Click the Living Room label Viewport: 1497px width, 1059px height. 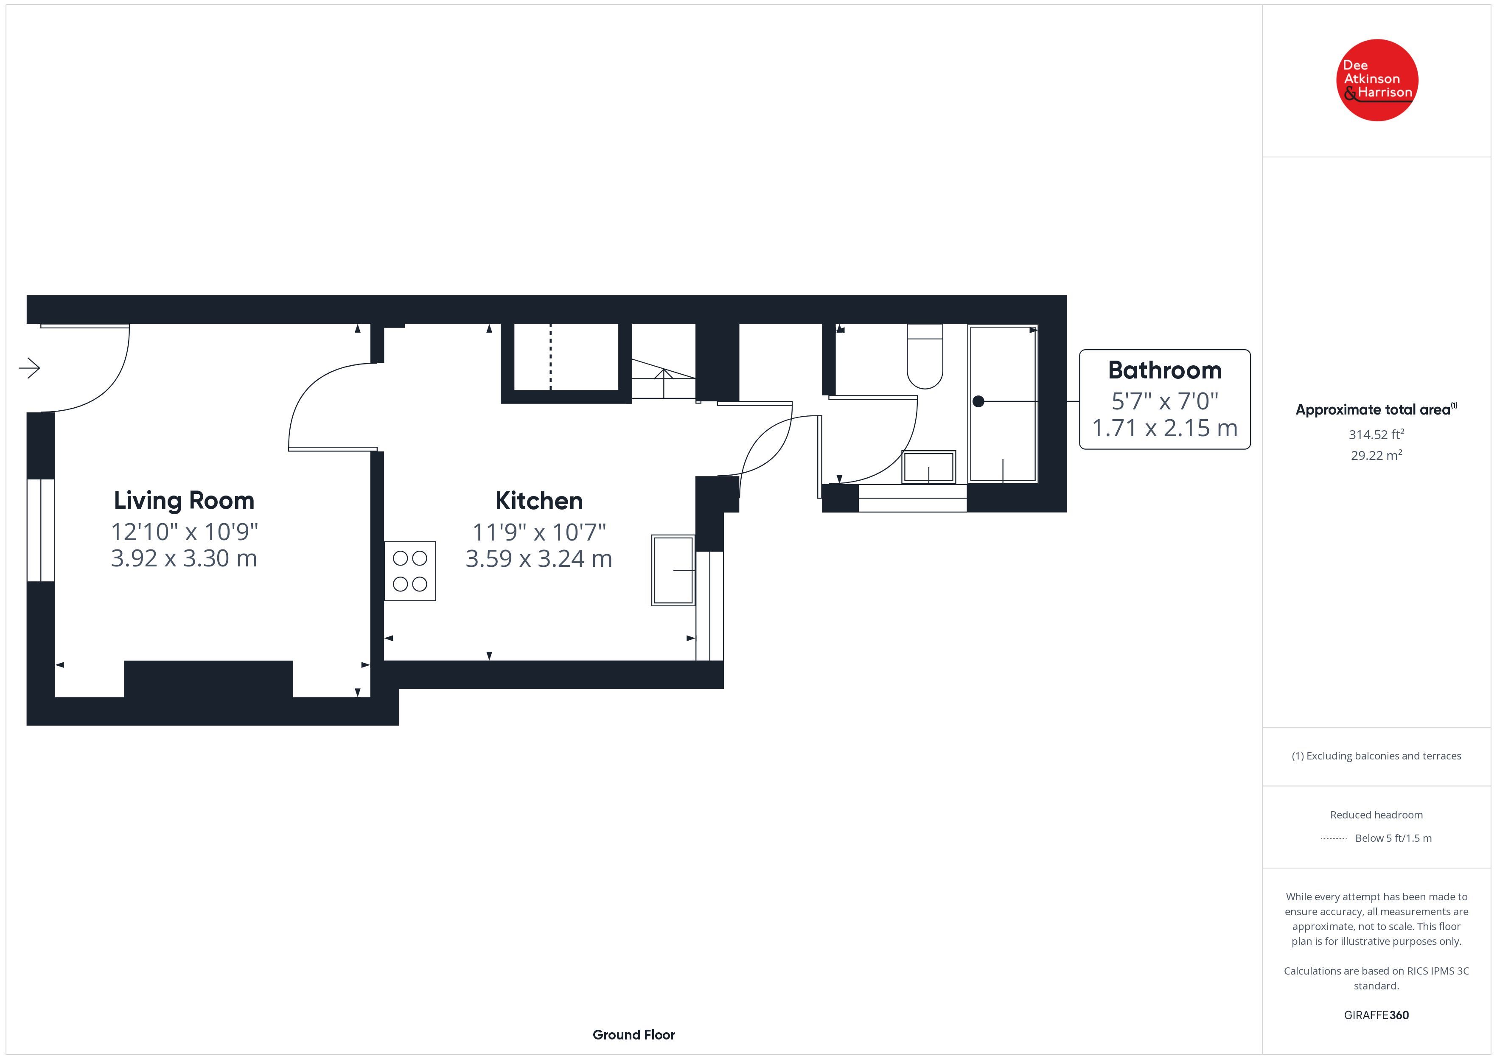point(184,501)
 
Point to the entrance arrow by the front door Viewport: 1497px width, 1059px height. point(29,368)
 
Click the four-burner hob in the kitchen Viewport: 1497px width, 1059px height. point(409,571)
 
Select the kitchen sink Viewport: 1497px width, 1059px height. point(673,570)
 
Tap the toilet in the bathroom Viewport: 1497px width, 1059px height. point(925,356)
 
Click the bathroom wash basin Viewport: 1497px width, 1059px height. point(928,467)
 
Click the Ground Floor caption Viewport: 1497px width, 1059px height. point(634,1034)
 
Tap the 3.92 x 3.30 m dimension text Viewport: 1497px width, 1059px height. point(184,558)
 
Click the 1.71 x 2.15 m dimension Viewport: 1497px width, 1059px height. point(1164,428)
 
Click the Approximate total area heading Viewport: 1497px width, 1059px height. point(1376,409)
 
